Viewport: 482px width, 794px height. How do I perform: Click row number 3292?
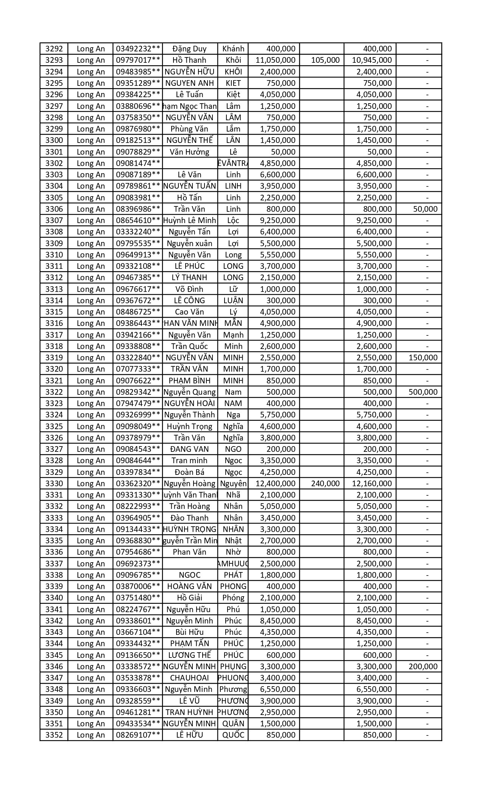pos(54,49)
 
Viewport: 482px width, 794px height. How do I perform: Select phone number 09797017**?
pos(138,60)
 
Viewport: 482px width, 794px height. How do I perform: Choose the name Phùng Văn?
pos(189,129)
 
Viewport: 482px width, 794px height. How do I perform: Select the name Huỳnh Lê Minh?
pos(189,220)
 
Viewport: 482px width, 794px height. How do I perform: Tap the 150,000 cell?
pos(423,358)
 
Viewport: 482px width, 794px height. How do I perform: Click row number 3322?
pos(54,392)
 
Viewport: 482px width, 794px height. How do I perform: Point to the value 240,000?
pos(325,484)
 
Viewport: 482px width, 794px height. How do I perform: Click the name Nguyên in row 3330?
pos(233,484)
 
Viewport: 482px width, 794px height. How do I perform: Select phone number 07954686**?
pos(138,552)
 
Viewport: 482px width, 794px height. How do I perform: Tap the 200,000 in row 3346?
pos(423,667)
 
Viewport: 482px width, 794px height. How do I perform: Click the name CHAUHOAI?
pos(189,678)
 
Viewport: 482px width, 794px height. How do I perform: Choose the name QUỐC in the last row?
pos(233,735)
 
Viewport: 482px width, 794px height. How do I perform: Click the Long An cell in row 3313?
pos(91,289)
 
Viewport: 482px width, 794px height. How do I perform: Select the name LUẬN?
pos(233,301)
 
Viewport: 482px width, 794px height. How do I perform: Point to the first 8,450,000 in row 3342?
pos(278,621)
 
